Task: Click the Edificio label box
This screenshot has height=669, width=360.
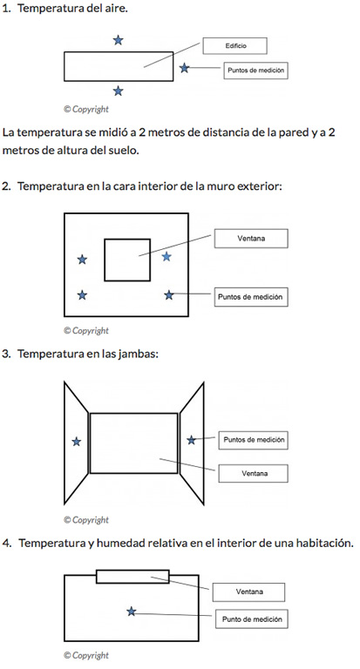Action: pos(234,45)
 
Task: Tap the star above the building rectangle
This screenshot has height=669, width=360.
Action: pos(119,40)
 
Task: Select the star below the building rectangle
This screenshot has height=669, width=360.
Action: pos(119,91)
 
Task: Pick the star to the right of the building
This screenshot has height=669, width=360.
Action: pos(184,67)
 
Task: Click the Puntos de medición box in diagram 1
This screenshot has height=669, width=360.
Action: pos(255,71)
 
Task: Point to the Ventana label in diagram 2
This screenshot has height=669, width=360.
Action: pos(251,239)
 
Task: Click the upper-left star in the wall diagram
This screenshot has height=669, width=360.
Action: pos(82,260)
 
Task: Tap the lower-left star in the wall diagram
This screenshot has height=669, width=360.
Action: pos(82,294)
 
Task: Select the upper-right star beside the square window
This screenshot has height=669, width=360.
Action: pos(166,256)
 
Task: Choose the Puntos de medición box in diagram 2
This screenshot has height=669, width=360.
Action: pos(251,297)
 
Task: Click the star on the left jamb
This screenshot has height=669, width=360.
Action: pos(77,442)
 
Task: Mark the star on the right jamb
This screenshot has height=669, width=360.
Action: pos(191,440)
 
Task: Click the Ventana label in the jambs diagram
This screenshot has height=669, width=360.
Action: pos(254,474)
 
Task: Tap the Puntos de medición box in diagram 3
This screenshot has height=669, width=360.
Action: pos(254,440)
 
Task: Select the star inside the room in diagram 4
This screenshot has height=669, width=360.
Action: pos(132,612)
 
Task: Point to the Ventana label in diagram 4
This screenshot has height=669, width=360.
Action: pos(248,592)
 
